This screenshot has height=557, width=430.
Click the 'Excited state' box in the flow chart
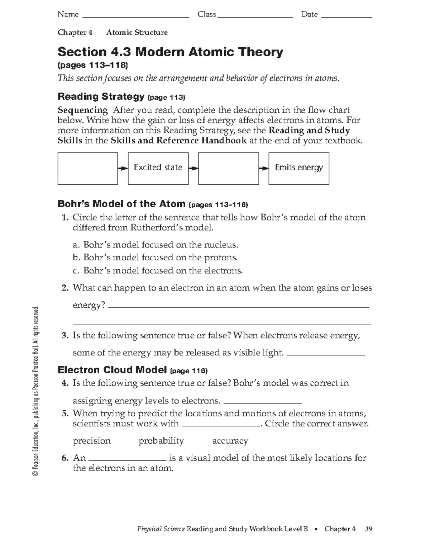pos(158,168)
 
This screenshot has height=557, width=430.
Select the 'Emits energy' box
pos(298,168)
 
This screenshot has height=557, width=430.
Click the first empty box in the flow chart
pos(88,168)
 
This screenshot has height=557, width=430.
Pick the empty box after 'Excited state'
pos(228,168)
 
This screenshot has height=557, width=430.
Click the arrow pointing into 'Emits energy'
pos(264,168)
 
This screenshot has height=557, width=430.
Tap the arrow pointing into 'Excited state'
pos(123,168)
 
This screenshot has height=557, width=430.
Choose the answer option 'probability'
pos(161,441)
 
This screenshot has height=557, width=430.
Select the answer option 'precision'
pos(92,441)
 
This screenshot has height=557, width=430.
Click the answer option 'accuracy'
pos(230,441)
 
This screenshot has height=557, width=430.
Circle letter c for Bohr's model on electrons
pos(75,270)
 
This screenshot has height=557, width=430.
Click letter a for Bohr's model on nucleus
pos(75,245)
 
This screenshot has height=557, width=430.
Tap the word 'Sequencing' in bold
pos(83,110)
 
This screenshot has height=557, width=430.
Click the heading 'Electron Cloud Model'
pos(112,370)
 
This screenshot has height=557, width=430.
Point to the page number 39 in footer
pos(368,529)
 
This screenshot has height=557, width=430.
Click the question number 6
pos(65,458)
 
